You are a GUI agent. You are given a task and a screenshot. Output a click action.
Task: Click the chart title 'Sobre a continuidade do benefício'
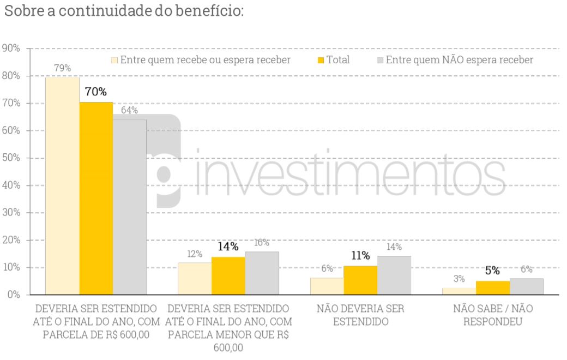coord(123,11)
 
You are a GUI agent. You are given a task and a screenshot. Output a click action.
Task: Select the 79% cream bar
coord(62,185)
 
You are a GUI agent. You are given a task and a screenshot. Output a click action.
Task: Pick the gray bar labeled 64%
coord(130,207)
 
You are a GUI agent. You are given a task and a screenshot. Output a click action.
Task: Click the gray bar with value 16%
coord(262,273)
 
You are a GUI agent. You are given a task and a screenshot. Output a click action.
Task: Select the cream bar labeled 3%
coord(459,291)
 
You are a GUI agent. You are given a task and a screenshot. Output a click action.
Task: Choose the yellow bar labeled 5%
coord(493,288)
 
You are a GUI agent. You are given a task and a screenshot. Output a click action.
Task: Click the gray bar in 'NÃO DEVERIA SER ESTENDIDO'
coord(394,275)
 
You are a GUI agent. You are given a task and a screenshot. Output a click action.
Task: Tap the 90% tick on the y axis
coord(11,49)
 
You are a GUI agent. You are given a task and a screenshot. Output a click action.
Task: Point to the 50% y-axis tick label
coord(11,158)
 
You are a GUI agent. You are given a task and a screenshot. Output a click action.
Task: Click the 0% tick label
coord(13,295)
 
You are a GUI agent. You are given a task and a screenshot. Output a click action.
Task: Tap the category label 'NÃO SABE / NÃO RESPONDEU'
coord(493,315)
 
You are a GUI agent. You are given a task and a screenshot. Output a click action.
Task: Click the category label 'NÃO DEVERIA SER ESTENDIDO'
coord(360,315)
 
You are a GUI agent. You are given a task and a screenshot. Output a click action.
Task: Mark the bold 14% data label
coord(228,246)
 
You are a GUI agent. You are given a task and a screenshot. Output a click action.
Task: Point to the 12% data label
coord(195,254)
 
